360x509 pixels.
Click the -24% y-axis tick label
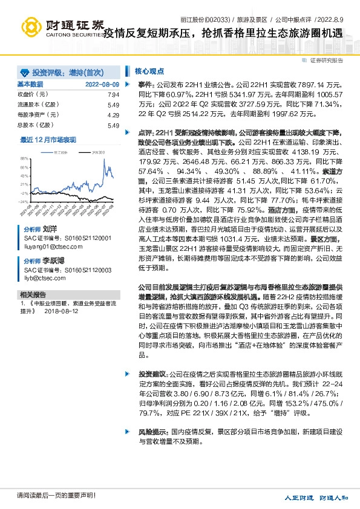click(x=23, y=201)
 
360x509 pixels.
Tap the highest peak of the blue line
click(x=106, y=161)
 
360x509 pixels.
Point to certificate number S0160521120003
click(x=85, y=270)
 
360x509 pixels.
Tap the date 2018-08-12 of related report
click(x=61, y=311)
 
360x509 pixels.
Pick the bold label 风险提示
click(x=151, y=433)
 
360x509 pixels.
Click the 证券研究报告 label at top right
click(x=327, y=60)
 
